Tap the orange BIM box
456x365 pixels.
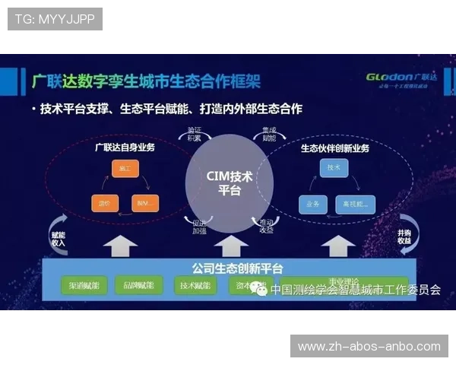tap(145, 203)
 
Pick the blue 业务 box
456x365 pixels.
tap(313, 203)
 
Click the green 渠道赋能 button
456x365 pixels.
tap(85, 285)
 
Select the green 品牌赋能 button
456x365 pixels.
tap(140, 285)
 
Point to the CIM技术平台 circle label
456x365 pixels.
tap(229, 183)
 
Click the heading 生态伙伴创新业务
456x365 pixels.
tap(335, 147)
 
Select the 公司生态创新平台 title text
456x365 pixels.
tap(227, 268)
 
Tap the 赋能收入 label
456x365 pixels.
tap(58, 237)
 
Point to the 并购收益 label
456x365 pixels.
tap(404, 236)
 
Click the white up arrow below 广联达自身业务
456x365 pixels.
tap(120, 246)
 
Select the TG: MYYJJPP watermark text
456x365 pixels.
tap(55, 19)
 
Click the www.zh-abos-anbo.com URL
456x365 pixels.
tap(369, 347)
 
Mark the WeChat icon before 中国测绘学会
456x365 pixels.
tap(261, 289)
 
